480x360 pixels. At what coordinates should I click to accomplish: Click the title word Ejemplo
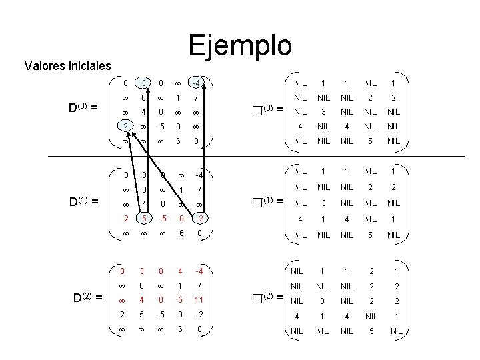239,45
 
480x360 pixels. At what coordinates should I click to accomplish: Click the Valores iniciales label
67,66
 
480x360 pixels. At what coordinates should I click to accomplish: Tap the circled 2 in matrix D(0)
125,127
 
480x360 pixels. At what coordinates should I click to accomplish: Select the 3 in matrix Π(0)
323,112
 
